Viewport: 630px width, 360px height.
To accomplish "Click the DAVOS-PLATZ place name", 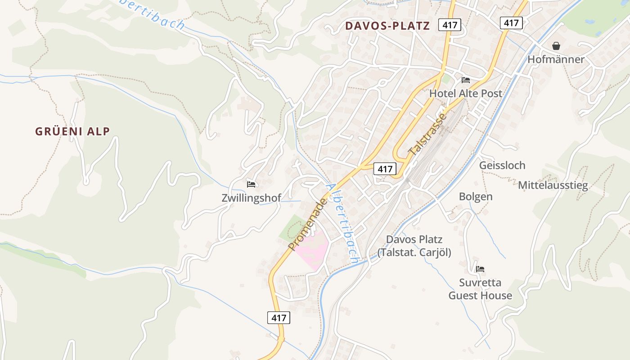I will tap(387, 26).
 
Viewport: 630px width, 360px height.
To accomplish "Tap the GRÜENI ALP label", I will tap(72, 131).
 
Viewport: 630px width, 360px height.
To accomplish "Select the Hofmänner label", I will tap(556, 59).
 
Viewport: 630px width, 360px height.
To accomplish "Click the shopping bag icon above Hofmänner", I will tap(556, 46).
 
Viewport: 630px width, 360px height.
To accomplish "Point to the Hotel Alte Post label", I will tap(465, 94).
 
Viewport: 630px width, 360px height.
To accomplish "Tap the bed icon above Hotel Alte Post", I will tap(466, 80).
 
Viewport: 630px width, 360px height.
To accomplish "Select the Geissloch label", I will tap(502, 165).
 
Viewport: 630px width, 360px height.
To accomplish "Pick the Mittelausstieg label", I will tap(553, 185).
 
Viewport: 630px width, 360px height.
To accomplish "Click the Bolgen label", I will tap(475, 197).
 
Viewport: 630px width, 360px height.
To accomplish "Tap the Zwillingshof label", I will tap(251, 198).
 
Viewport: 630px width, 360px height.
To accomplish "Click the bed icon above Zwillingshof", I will tap(251, 184).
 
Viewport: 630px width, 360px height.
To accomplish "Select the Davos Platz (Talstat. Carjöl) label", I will tap(414, 246).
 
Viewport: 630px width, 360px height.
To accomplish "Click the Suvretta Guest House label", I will tap(480, 289).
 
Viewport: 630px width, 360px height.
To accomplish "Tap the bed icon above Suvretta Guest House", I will tap(480, 269).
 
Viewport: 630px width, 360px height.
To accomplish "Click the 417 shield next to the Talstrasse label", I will tap(385, 169).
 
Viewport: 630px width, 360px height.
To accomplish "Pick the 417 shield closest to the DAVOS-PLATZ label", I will tap(450, 25).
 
